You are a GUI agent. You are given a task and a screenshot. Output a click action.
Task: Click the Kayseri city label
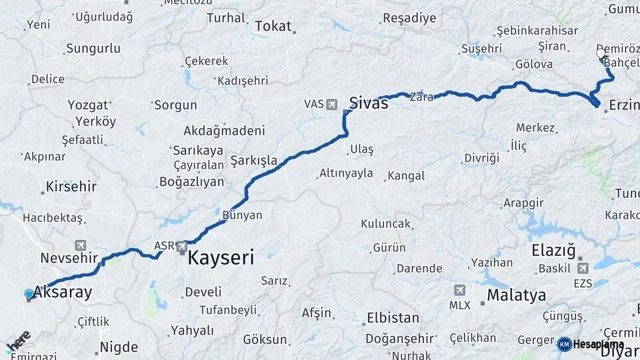(221, 258)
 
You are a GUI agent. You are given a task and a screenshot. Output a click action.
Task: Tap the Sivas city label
(369, 103)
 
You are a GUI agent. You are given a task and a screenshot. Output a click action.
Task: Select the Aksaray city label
(63, 292)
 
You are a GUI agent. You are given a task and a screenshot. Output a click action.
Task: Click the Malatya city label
(516, 295)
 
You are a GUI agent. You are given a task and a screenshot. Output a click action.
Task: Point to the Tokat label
(273, 26)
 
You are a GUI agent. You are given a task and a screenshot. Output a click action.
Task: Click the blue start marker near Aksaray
(29, 294)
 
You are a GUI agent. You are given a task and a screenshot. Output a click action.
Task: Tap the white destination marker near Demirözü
(601, 53)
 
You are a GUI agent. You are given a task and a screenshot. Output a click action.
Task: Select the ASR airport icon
(182, 247)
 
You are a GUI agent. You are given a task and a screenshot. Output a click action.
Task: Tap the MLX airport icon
(459, 291)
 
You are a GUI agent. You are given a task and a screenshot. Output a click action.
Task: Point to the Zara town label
(421, 97)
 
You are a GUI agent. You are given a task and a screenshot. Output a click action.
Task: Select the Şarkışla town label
(253, 161)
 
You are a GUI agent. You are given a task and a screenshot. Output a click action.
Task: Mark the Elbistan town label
(393, 317)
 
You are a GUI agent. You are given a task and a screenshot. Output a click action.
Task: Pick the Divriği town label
(481, 158)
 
